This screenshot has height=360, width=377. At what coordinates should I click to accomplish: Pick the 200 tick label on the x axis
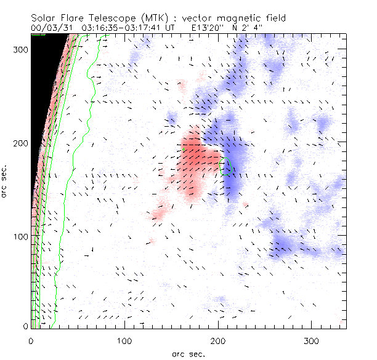(x=218, y=340)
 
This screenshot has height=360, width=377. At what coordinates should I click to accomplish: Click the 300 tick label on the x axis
(x=311, y=340)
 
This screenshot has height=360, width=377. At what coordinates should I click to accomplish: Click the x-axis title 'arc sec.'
(x=188, y=353)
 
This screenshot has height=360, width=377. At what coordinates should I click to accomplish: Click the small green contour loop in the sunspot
(x=227, y=167)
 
